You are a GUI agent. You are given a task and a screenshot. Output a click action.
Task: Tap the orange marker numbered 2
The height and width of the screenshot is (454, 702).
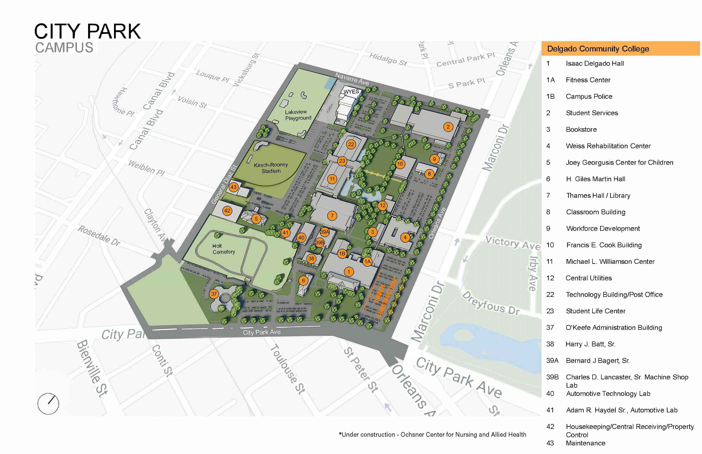point(448,127)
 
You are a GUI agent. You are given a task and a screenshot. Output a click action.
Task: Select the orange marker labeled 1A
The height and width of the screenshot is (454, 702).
point(367,262)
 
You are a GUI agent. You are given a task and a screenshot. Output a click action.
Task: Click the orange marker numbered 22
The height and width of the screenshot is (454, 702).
point(351,144)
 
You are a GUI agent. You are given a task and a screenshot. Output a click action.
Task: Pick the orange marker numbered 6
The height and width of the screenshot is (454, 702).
point(303,281)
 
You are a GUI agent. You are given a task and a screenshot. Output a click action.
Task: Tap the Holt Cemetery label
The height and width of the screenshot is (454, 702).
point(224,249)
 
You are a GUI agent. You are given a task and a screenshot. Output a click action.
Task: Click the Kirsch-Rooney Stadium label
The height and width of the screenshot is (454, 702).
point(271,168)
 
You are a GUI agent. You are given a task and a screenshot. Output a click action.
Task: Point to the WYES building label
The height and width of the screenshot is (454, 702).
point(351,92)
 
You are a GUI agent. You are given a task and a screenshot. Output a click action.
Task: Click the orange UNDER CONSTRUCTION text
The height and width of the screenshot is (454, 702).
point(385,297)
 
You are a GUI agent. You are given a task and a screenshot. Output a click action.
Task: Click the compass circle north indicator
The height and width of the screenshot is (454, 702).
point(48,404)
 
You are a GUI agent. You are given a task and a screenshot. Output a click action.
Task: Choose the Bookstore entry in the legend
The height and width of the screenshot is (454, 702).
point(581,129)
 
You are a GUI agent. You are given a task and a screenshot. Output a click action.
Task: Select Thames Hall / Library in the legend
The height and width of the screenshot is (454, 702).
point(598,196)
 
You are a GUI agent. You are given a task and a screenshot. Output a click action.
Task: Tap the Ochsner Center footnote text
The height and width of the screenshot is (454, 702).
point(432,435)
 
